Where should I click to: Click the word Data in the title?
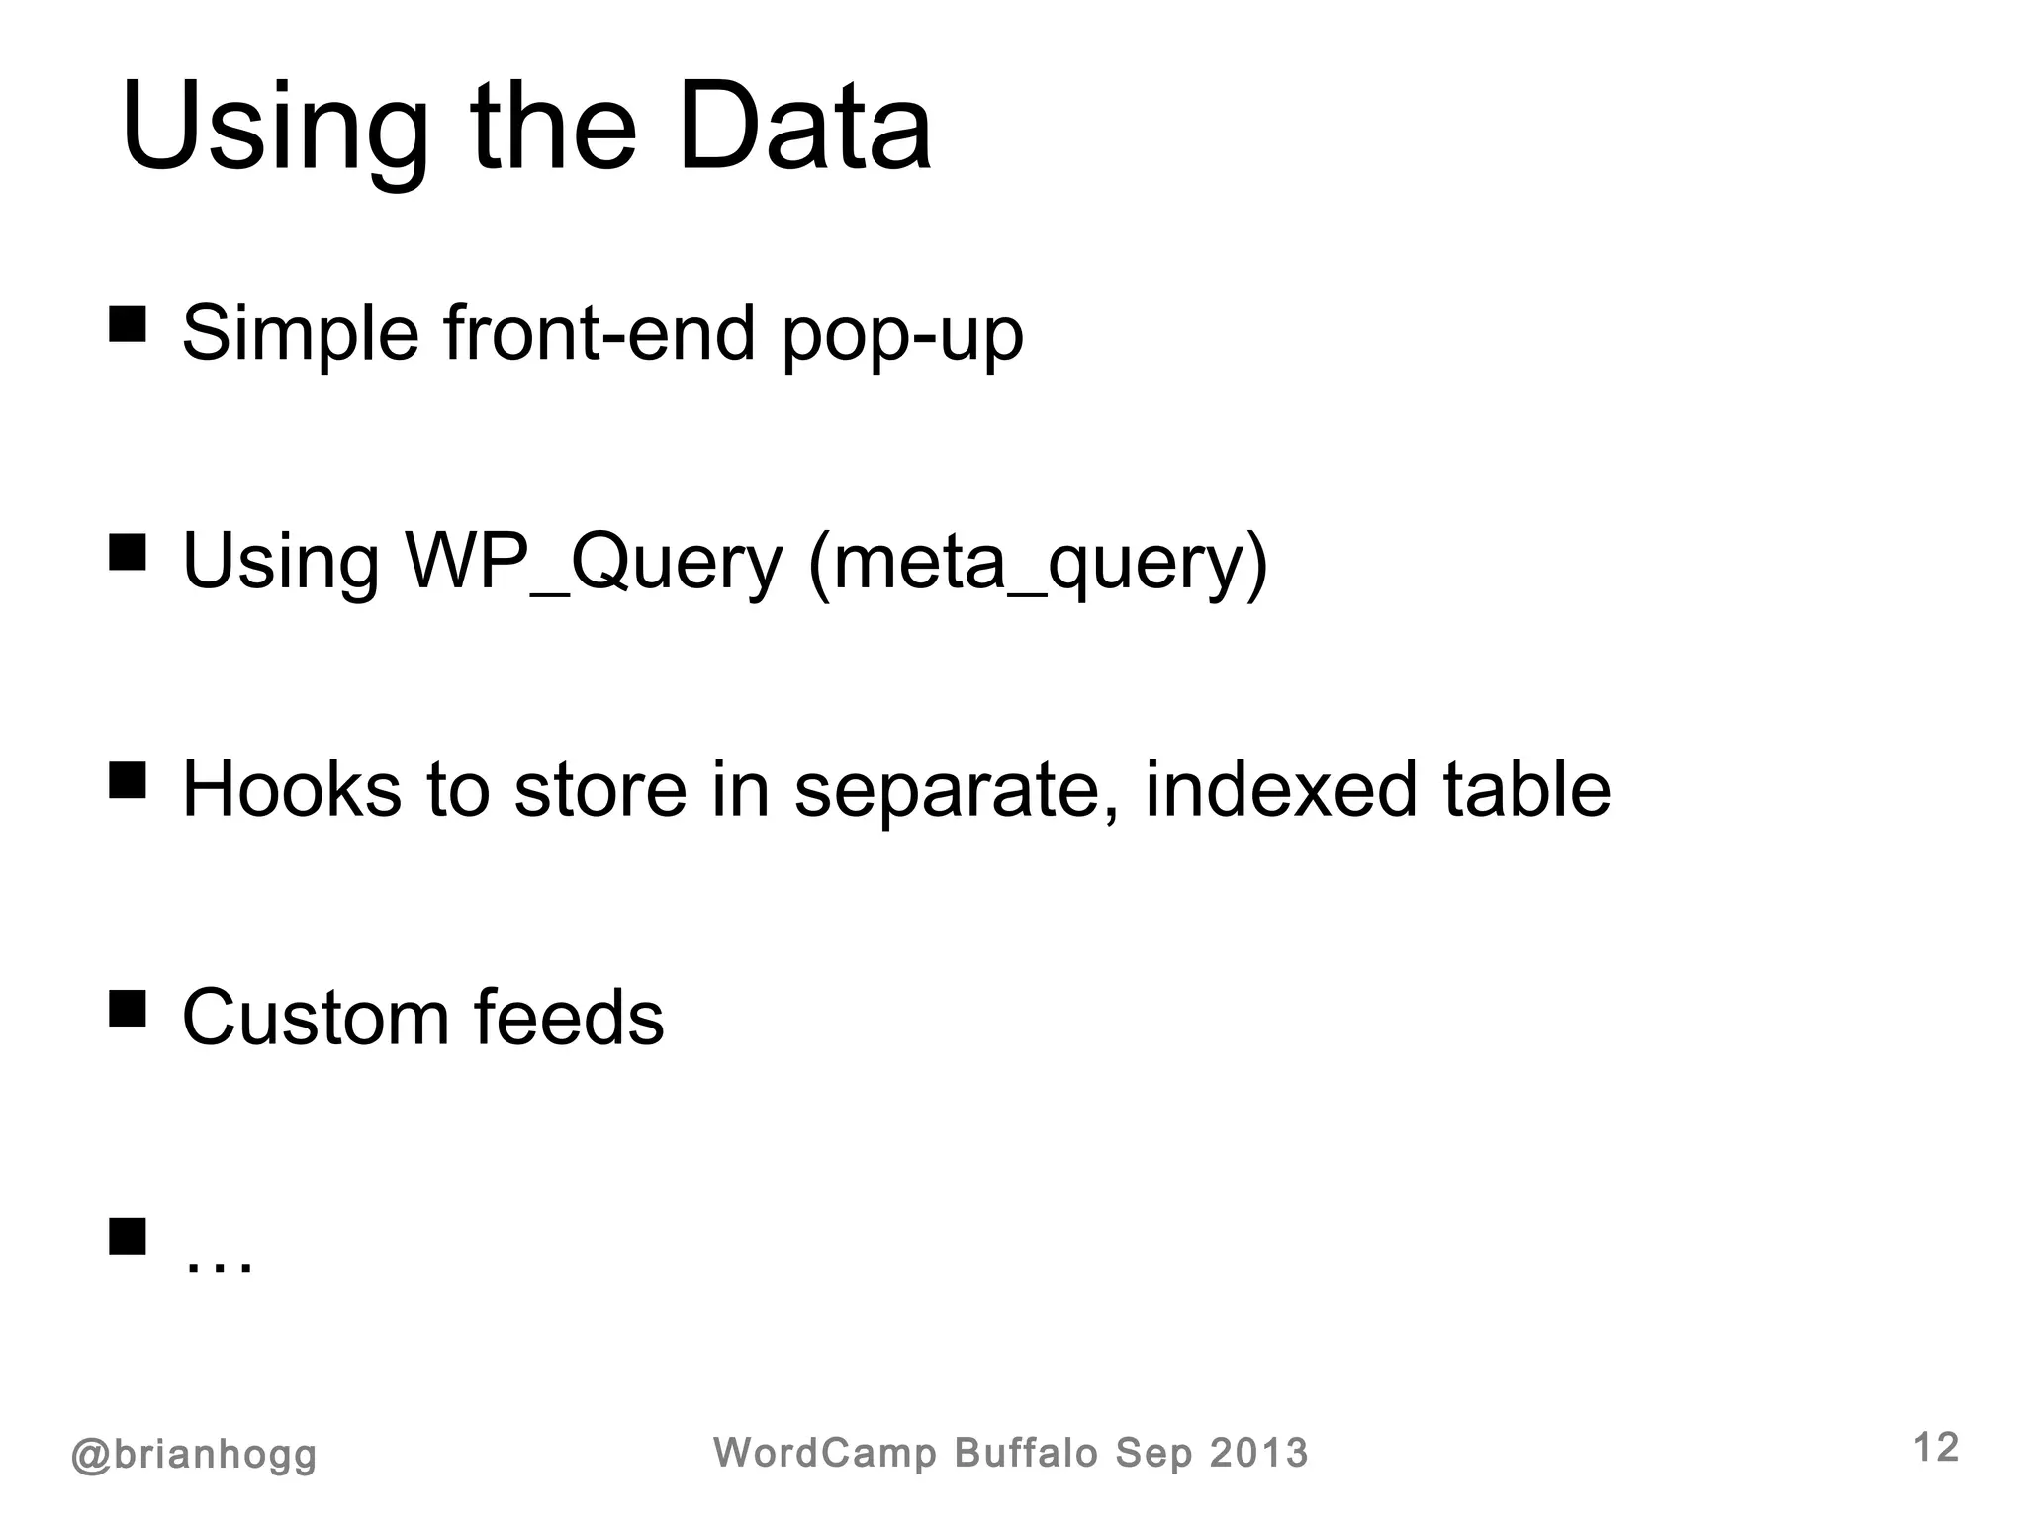pos(803,129)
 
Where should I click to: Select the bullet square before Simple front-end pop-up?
pos(128,323)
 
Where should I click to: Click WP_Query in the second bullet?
pos(594,563)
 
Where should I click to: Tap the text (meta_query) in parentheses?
pos(1038,563)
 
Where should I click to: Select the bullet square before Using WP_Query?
pos(128,553)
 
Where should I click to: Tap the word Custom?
pos(315,1018)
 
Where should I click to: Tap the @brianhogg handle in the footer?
pos(194,1455)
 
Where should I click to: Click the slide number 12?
pos(1936,1448)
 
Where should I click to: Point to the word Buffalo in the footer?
pos(1026,1453)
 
